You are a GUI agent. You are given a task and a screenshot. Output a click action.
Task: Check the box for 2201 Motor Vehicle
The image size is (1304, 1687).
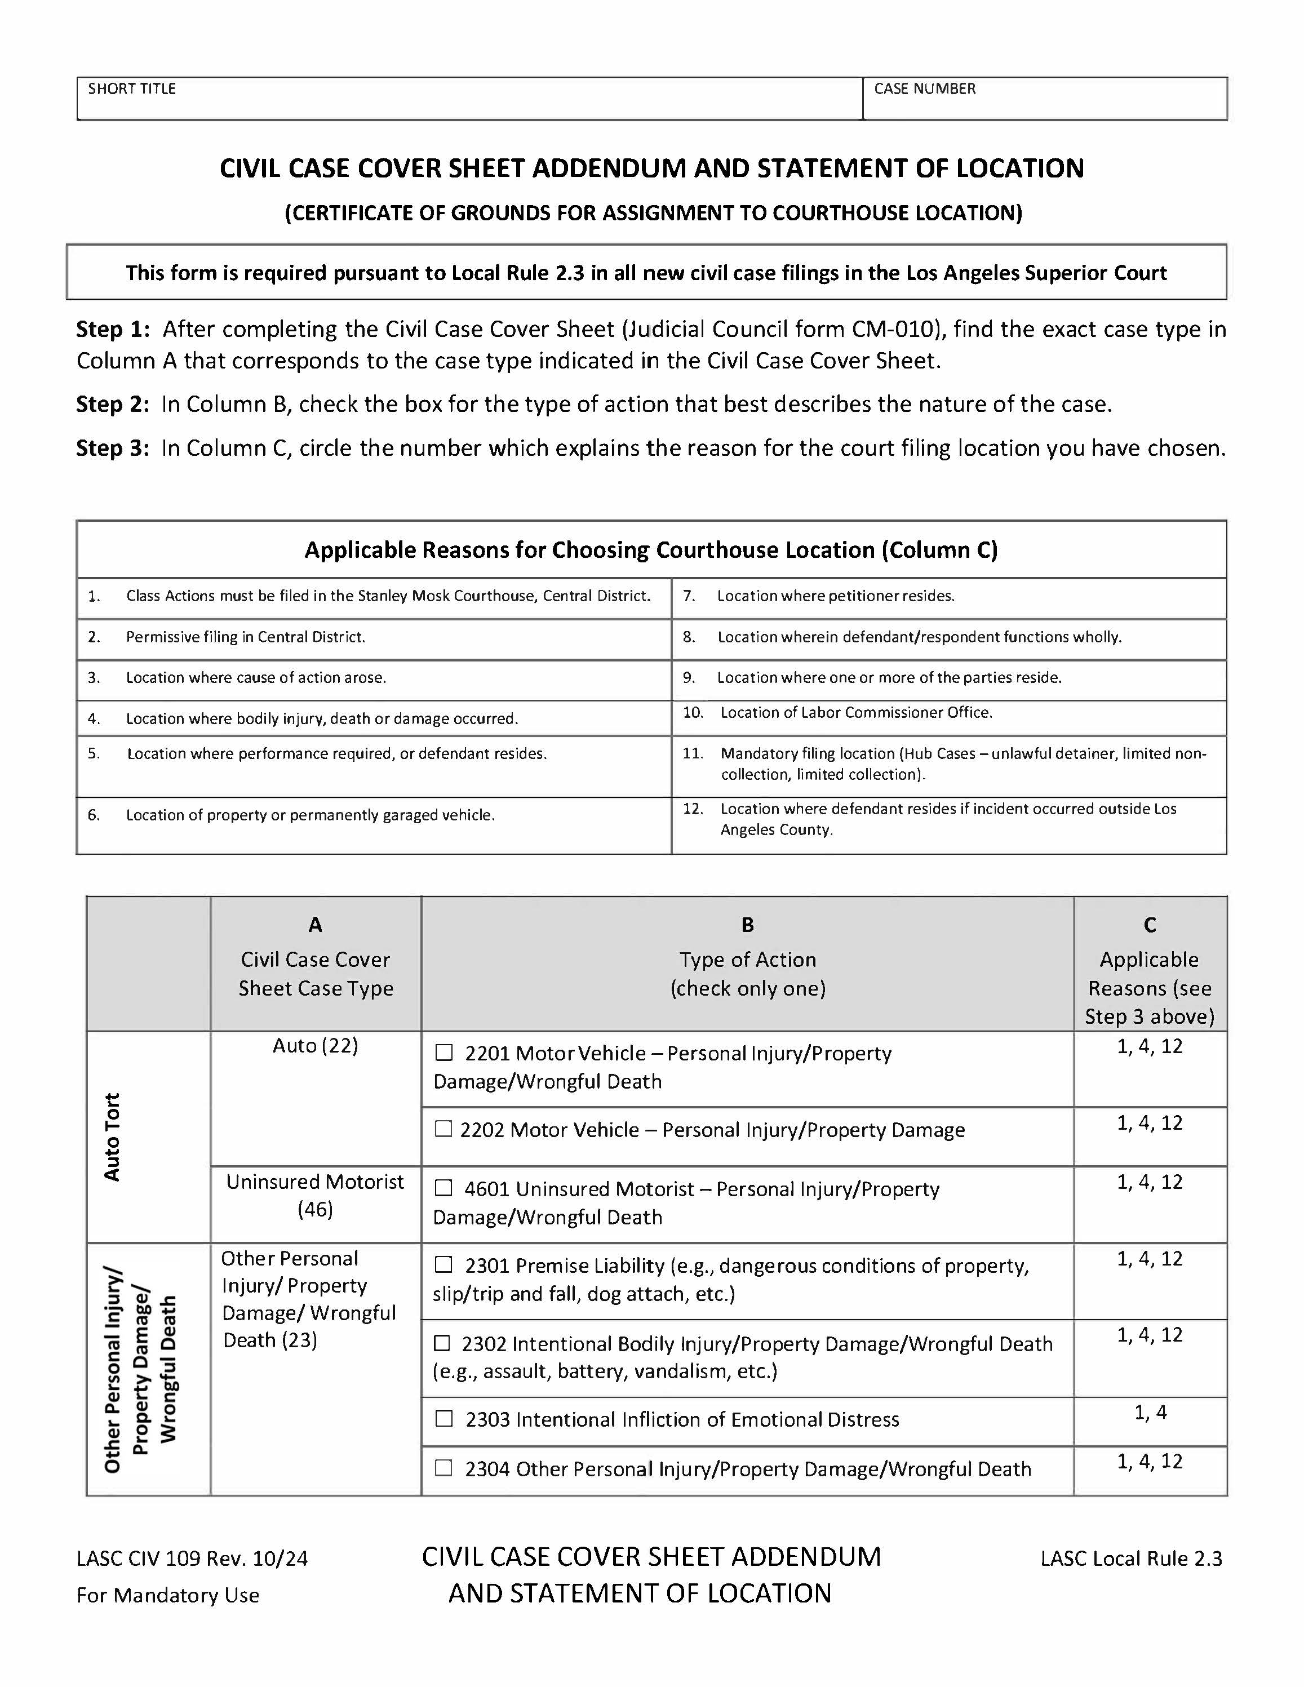[443, 1053]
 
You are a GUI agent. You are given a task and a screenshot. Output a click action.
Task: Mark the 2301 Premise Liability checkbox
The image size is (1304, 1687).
[443, 1264]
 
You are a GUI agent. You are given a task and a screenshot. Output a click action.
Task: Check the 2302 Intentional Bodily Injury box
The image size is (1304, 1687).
[442, 1343]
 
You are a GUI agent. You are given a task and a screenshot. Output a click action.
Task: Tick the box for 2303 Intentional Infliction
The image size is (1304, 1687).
[443, 1418]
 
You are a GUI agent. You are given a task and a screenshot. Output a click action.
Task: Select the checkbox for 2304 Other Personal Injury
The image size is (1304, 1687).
[443, 1468]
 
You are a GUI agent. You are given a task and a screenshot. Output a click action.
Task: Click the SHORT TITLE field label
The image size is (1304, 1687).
[132, 89]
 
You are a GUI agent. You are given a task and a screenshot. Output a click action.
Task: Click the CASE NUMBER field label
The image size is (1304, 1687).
[925, 89]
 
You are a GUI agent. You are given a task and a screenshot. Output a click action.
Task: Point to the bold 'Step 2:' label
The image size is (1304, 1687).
[113, 404]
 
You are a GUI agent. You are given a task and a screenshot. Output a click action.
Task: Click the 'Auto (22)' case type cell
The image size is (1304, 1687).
[315, 1045]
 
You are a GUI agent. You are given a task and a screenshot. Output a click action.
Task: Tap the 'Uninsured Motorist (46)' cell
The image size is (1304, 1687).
[315, 1195]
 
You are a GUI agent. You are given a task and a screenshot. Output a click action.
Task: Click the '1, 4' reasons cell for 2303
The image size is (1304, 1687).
[1150, 1413]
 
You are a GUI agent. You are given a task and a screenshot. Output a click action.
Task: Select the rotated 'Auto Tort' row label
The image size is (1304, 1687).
[112, 1136]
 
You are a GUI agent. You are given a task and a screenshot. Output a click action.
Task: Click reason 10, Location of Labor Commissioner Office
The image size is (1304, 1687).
[856, 712]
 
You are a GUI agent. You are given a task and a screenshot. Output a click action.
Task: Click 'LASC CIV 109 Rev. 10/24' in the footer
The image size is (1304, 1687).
[192, 1559]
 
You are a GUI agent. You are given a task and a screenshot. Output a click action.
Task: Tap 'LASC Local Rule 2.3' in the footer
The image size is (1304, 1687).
[1131, 1559]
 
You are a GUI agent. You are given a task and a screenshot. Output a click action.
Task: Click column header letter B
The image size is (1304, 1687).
[747, 925]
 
